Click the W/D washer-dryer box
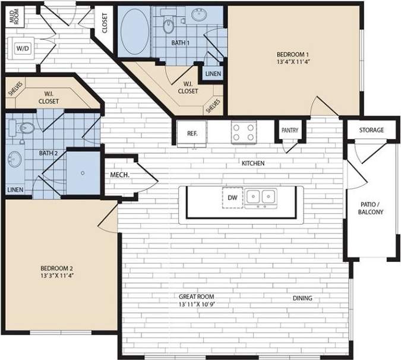pos(23,48)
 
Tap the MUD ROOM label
pos(12,17)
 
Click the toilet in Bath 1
pos(169,24)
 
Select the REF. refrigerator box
pos(192,133)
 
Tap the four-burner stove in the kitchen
pos(244,131)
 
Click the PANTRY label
pos(290,131)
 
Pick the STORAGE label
pos(371,130)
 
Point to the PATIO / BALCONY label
pos(372,208)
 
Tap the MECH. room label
pos(120,175)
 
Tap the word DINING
pos(302,298)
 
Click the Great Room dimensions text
pos(196,305)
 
